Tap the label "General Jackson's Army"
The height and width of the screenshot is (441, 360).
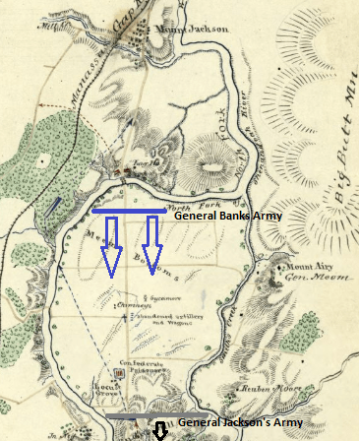pos(242,420)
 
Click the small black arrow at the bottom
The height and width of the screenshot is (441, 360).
pos(159,431)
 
